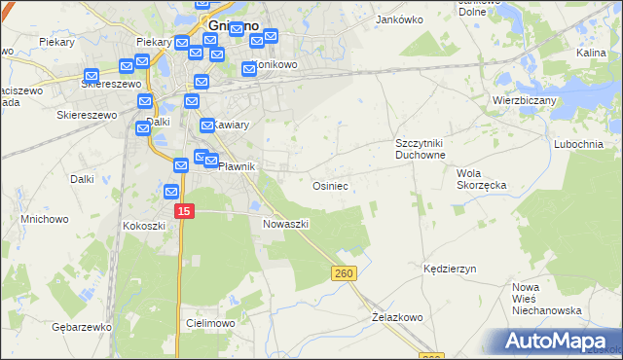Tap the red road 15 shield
tap(186, 210)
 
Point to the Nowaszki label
tap(285, 224)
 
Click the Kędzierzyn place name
tap(449, 268)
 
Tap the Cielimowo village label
tap(206, 322)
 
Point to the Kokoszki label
tap(144, 226)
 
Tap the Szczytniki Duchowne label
tap(420, 149)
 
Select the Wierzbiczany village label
tap(523, 99)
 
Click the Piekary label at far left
tap(57, 43)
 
